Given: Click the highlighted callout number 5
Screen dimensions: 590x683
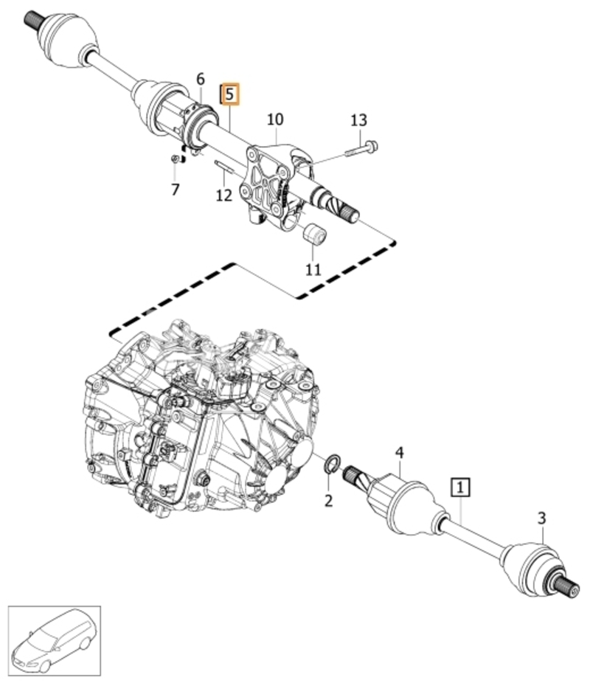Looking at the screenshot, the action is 230,94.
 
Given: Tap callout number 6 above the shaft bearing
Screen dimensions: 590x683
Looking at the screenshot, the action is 201,79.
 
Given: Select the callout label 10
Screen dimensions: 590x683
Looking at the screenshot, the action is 275,119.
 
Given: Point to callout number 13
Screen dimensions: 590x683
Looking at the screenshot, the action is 358,120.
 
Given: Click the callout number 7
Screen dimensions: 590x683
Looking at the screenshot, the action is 175,190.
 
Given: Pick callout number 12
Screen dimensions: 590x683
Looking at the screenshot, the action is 224,195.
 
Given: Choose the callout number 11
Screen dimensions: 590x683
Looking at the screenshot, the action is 313,270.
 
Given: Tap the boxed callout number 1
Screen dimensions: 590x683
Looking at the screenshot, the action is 461,488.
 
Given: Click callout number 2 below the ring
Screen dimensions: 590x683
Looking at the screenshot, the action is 328,501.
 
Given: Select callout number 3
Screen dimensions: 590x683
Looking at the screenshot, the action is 541,519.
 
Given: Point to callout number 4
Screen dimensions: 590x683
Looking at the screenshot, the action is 399,453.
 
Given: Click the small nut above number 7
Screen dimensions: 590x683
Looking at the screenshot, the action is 174,159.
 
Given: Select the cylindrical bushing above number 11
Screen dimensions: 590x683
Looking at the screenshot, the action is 314,235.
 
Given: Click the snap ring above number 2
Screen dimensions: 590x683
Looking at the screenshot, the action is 333,463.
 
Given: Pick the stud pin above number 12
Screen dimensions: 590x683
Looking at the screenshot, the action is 225,166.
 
